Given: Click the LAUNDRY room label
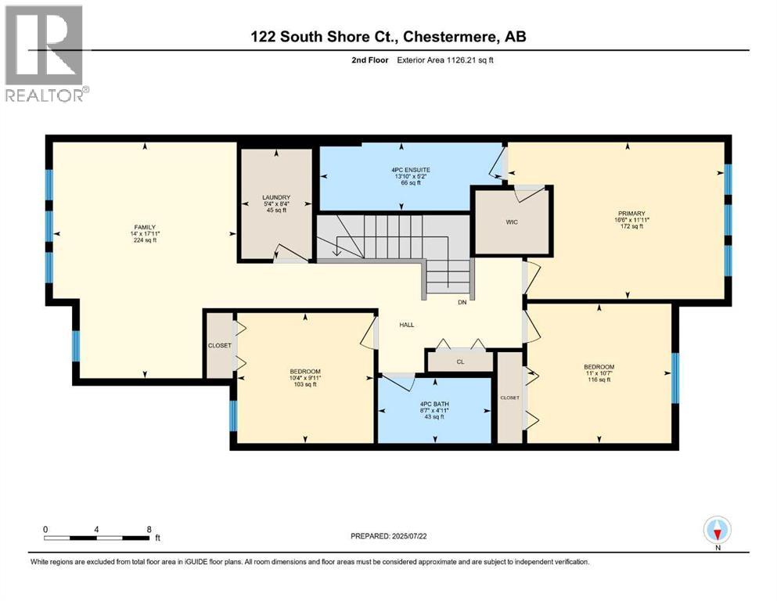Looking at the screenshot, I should click(276, 197).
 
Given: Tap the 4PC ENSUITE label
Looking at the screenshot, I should click(412, 169).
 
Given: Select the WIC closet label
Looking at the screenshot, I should click(511, 221).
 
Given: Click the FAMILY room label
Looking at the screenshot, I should click(143, 227).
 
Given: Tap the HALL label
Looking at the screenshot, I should click(406, 324).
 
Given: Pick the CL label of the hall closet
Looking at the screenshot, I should click(461, 362).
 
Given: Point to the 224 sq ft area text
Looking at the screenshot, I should click(143, 241).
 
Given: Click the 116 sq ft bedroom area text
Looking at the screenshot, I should click(599, 379).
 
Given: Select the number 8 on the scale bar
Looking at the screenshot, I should click(149, 529).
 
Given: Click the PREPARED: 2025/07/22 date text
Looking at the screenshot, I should click(389, 536).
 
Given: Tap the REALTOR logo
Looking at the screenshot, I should click(45, 53).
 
